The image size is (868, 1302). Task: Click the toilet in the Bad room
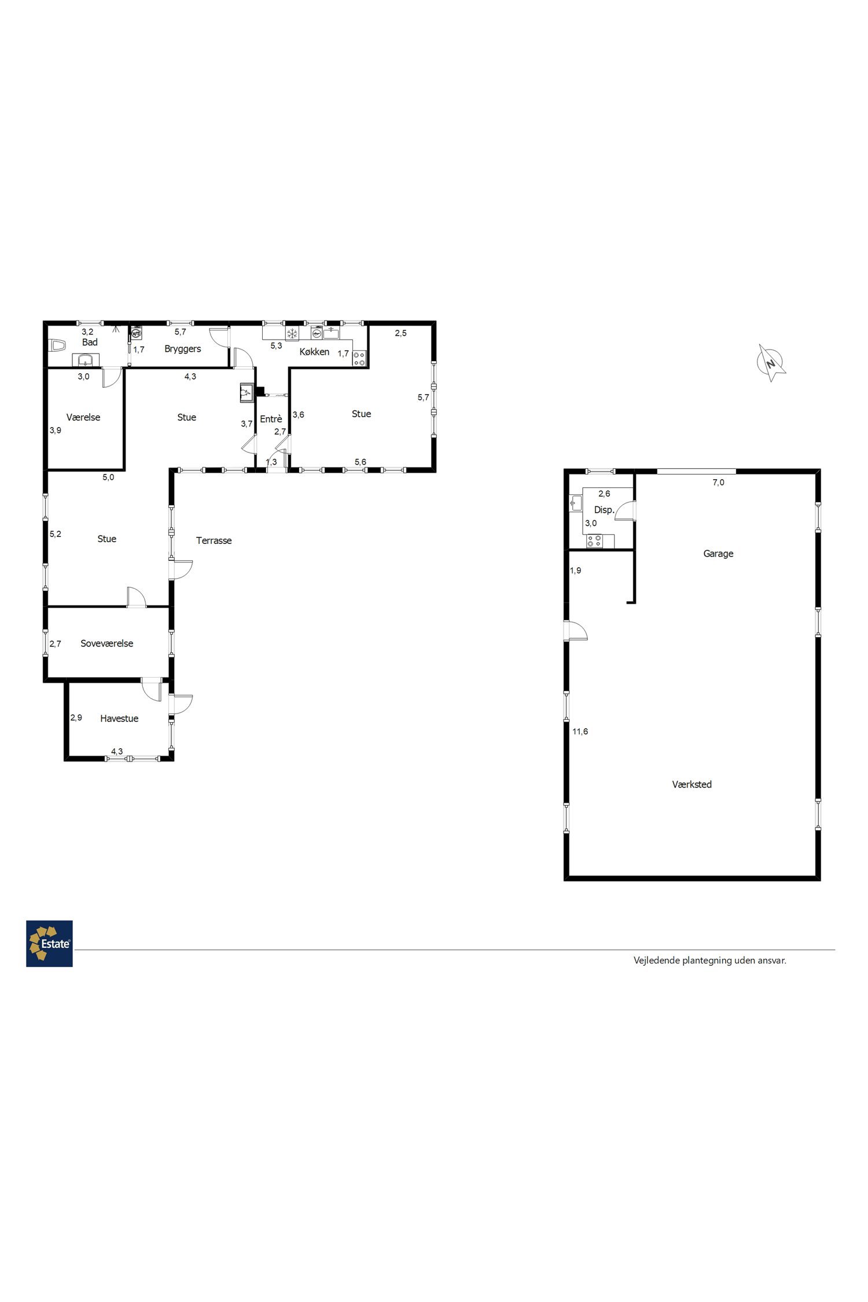tap(57, 345)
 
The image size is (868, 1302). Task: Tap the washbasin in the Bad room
tap(86, 360)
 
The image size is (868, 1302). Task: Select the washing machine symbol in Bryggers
tap(137, 333)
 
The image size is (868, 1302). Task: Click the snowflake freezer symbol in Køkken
tap(292, 333)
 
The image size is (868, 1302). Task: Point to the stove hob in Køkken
tap(359, 358)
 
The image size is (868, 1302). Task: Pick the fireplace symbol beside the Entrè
tap(247, 392)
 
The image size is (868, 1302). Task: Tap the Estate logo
tap(49, 944)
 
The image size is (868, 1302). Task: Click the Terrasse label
tap(214, 540)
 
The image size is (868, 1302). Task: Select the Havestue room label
tap(119, 718)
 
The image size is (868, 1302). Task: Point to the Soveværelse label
tap(106, 643)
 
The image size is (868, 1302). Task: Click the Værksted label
tap(692, 784)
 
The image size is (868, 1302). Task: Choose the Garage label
tap(718, 553)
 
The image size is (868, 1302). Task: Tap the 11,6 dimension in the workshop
tap(580, 731)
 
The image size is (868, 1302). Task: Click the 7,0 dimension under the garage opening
tap(718, 482)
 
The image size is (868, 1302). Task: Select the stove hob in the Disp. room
tap(594, 541)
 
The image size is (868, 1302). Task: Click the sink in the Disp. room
tap(576, 502)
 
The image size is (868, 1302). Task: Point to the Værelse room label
tap(83, 417)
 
